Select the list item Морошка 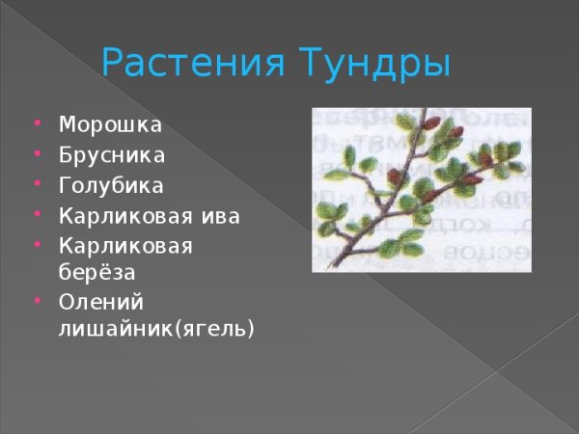[110, 125]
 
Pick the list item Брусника [112, 155]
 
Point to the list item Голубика [111, 185]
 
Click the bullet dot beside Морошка [37, 124]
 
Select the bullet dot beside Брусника [37, 154]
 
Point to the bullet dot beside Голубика [37, 184]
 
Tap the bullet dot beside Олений [37, 302]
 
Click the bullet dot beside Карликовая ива [37, 214]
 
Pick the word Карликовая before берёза [126, 245]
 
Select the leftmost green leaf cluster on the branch [333, 176]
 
